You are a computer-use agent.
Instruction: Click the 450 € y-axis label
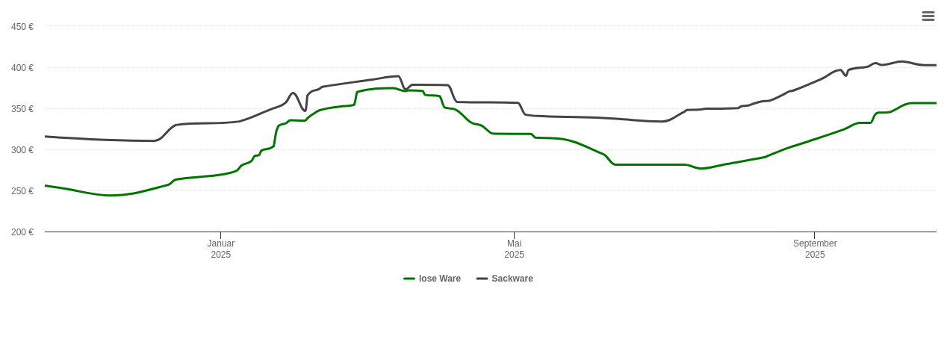tap(22, 27)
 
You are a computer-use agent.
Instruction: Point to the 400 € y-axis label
tap(22, 68)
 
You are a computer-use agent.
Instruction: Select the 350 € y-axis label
tap(22, 109)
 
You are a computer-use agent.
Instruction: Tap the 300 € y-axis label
tap(22, 150)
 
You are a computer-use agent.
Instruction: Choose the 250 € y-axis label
tap(22, 191)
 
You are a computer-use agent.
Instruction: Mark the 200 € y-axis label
tap(22, 232)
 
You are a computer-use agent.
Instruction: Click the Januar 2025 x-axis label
tap(220, 249)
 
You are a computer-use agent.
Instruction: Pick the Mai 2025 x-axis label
tap(514, 249)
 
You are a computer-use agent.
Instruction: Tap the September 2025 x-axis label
tap(815, 249)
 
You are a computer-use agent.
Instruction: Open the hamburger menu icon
tap(928, 16)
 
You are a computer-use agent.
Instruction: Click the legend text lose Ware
tap(439, 279)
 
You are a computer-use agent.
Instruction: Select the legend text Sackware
tap(512, 279)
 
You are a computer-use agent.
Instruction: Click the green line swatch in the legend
tap(409, 279)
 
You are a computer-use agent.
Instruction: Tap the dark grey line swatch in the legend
tap(482, 279)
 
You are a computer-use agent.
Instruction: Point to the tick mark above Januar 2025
tap(220, 235)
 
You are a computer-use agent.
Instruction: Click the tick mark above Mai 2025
tap(514, 235)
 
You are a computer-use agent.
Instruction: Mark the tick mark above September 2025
tap(814, 235)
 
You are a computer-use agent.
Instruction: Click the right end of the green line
tap(936, 103)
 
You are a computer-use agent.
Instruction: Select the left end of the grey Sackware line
tap(46, 137)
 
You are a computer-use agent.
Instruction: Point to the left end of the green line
tap(46, 185)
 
